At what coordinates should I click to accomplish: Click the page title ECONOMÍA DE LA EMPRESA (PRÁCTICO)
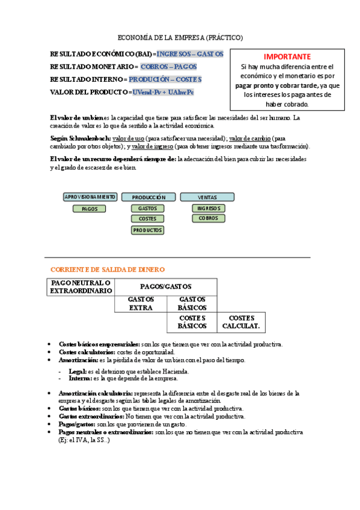click(x=180, y=37)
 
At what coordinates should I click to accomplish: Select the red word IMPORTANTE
click(x=287, y=56)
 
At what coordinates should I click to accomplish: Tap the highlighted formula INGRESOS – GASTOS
click(x=190, y=54)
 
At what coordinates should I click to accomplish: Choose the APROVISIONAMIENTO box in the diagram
click(x=90, y=197)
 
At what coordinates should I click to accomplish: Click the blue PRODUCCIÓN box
click(x=148, y=197)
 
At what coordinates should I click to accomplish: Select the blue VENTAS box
click(x=207, y=197)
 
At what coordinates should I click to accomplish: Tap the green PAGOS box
click(x=90, y=209)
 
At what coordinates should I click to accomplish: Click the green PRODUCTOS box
click(x=147, y=230)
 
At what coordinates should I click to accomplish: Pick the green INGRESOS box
click(x=209, y=208)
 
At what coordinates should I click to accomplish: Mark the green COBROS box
click(x=209, y=218)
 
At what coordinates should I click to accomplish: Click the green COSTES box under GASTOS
click(x=147, y=219)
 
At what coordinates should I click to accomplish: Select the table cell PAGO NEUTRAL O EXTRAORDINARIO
click(x=81, y=287)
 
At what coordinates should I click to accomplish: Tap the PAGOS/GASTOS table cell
click(x=165, y=287)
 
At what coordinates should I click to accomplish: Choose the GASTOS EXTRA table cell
click(x=141, y=304)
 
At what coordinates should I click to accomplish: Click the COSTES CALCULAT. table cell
click(x=241, y=322)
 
